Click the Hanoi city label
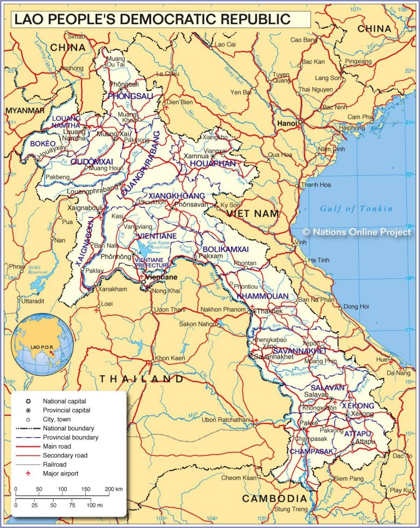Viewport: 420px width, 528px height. (287, 123)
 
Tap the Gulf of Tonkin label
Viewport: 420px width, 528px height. (356, 208)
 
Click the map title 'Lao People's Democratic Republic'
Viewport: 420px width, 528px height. (152, 19)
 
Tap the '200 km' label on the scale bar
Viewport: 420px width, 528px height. (114, 489)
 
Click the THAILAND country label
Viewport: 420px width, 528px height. (142, 379)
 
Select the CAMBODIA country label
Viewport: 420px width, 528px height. (275, 498)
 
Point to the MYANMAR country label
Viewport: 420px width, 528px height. (25, 111)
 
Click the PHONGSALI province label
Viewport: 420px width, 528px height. (131, 96)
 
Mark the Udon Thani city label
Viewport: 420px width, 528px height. (172, 310)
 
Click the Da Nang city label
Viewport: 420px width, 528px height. (398, 373)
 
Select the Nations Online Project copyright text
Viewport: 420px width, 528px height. (357, 232)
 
